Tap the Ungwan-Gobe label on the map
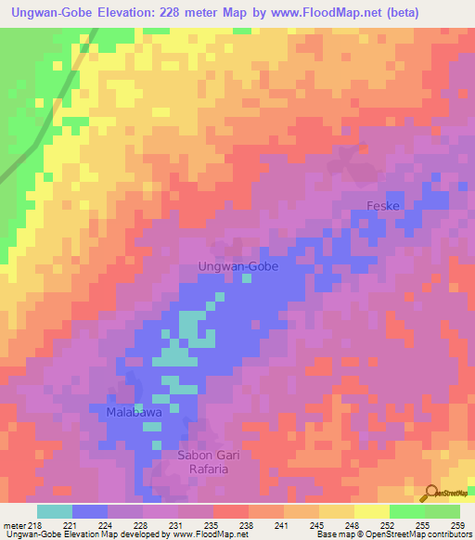pos(238,266)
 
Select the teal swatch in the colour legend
pos(55,511)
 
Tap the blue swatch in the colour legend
pos(90,511)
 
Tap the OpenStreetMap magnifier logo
pos(430,494)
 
